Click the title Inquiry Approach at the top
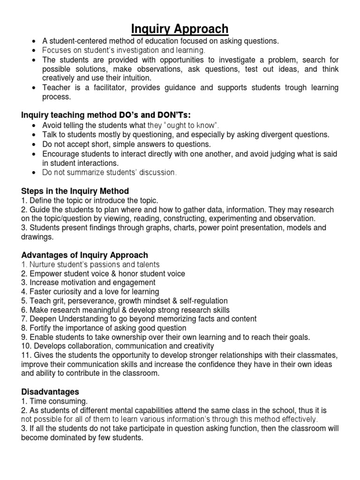(180, 29)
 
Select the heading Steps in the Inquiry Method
(75, 191)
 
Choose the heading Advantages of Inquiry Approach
(85, 255)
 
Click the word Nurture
(44, 264)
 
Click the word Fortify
(42, 328)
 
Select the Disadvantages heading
(51, 391)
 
